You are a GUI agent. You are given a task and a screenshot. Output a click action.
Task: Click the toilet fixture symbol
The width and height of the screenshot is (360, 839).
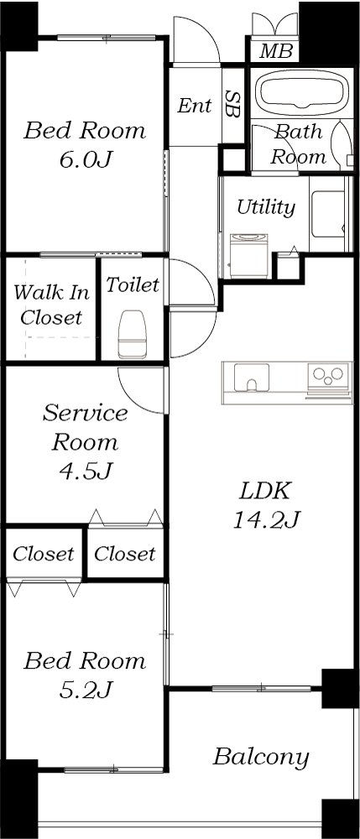[x=132, y=335]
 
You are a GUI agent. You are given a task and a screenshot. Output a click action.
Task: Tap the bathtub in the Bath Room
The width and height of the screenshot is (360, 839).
[x=302, y=92]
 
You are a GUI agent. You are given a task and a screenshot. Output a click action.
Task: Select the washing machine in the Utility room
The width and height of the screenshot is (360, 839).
[x=248, y=255]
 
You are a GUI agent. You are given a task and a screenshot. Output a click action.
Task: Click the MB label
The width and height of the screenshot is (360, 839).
[x=276, y=51]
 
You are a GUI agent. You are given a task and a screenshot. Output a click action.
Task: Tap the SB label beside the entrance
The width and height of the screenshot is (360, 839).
[x=232, y=104]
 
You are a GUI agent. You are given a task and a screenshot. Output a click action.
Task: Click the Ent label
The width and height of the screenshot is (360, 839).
[x=194, y=106]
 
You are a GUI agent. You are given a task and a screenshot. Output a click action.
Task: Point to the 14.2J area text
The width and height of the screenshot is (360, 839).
[x=266, y=519]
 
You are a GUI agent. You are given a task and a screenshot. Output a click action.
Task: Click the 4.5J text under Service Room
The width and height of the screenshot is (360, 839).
[x=85, y=471]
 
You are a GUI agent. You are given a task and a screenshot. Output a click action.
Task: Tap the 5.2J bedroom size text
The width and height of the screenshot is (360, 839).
[x=85, y=690]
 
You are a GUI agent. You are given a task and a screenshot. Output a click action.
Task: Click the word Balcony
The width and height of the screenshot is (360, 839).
[x=261, y=758]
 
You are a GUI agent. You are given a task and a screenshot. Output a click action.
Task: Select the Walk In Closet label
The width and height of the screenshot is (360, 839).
[x=51, y=305]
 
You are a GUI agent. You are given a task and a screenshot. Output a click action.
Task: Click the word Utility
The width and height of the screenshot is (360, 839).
[x=266, y=207]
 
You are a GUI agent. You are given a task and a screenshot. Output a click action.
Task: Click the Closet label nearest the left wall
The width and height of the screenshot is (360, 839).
[x=44, y=554]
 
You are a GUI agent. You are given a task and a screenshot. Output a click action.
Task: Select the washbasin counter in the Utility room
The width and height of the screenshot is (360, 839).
[x=327, y=214]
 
